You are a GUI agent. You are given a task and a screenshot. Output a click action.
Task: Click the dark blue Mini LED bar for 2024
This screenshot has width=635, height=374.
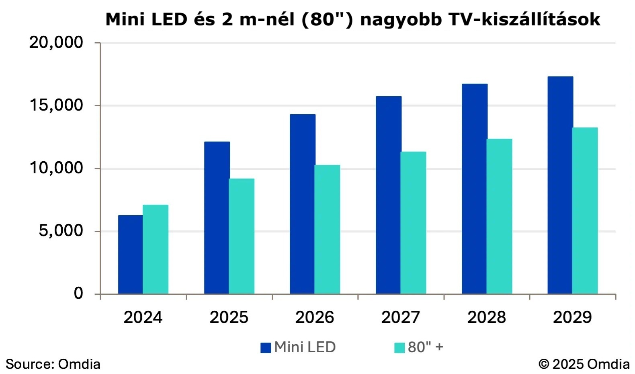pos(130,255)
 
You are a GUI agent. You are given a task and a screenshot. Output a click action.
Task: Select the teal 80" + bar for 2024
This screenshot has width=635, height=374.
pos(156,249)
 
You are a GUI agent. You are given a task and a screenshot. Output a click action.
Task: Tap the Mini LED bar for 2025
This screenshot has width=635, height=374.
pos(217,218)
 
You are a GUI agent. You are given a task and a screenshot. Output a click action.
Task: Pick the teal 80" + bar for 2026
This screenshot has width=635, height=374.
pos(327,229)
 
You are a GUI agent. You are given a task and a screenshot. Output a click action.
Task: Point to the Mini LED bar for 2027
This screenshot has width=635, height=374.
pos(388,195)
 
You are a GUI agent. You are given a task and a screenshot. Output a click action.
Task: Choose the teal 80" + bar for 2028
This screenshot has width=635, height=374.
pos(499,216)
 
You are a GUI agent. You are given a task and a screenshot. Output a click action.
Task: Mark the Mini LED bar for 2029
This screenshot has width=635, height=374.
pos(560,185)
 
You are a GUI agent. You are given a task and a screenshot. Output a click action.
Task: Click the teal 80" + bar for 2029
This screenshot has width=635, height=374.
pos(585,211)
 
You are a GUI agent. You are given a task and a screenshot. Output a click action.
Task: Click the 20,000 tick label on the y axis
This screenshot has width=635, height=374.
pos(56,42)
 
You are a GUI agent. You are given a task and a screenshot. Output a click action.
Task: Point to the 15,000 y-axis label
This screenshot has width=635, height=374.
pos(56,105)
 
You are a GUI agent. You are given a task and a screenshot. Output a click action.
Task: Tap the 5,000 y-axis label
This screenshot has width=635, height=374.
pos(61,230)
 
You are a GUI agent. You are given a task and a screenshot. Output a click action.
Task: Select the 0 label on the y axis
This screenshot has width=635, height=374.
pos(78,293)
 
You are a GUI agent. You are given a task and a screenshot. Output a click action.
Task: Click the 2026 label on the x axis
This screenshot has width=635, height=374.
pos(315,317)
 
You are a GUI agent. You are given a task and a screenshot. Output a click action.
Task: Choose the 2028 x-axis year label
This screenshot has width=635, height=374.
pos(486,317)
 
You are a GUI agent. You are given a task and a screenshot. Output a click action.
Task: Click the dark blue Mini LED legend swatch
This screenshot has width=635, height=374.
pos(266,347)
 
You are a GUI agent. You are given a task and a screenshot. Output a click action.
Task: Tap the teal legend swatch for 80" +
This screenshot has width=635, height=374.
pos(399,347)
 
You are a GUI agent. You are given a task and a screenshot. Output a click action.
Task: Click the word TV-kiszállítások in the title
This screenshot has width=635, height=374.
pos(524,19)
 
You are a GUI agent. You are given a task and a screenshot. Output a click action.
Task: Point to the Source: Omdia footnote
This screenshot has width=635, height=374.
pos(53,364)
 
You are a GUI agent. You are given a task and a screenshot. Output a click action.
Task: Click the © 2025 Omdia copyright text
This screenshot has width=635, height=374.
pos(584,364)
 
